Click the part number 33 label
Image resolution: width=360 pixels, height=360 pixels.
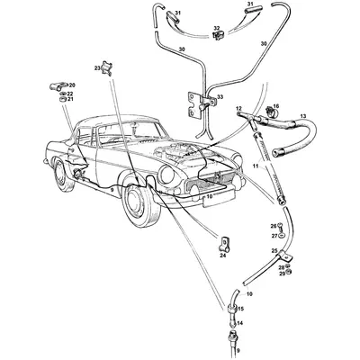coord(221,98)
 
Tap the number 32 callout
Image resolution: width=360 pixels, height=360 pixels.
coord(216,29)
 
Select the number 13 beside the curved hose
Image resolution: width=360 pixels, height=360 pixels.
coord(303,116)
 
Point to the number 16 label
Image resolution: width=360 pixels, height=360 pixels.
coord(276,107)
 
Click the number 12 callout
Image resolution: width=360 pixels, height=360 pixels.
coord(240,109)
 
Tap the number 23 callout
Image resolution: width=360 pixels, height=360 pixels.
coord(97,68)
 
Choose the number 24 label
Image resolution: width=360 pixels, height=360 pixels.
coord(222,256)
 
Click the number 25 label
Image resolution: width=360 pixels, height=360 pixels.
coord(274,250)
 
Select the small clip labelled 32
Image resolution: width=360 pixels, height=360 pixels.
coord(217,40)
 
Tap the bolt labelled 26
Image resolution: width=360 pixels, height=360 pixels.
coord(283,225)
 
